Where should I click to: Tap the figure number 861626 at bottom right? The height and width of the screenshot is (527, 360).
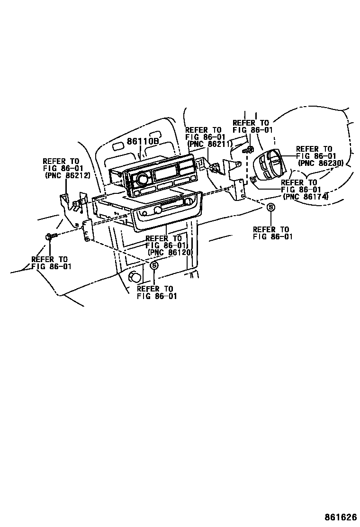click(340, 516)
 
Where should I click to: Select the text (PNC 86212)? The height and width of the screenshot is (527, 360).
click(67, 175)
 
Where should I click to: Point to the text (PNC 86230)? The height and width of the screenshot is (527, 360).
click(321, 163)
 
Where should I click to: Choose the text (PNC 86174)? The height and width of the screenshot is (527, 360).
click(306, 196)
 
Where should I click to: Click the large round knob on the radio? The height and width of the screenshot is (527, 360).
click(141, 179)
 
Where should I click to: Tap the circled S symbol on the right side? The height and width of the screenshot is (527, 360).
click(270, 207)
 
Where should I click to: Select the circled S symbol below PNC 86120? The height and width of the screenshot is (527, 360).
click(154, 266)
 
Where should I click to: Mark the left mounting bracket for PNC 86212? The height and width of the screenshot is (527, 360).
click(71, 201)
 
